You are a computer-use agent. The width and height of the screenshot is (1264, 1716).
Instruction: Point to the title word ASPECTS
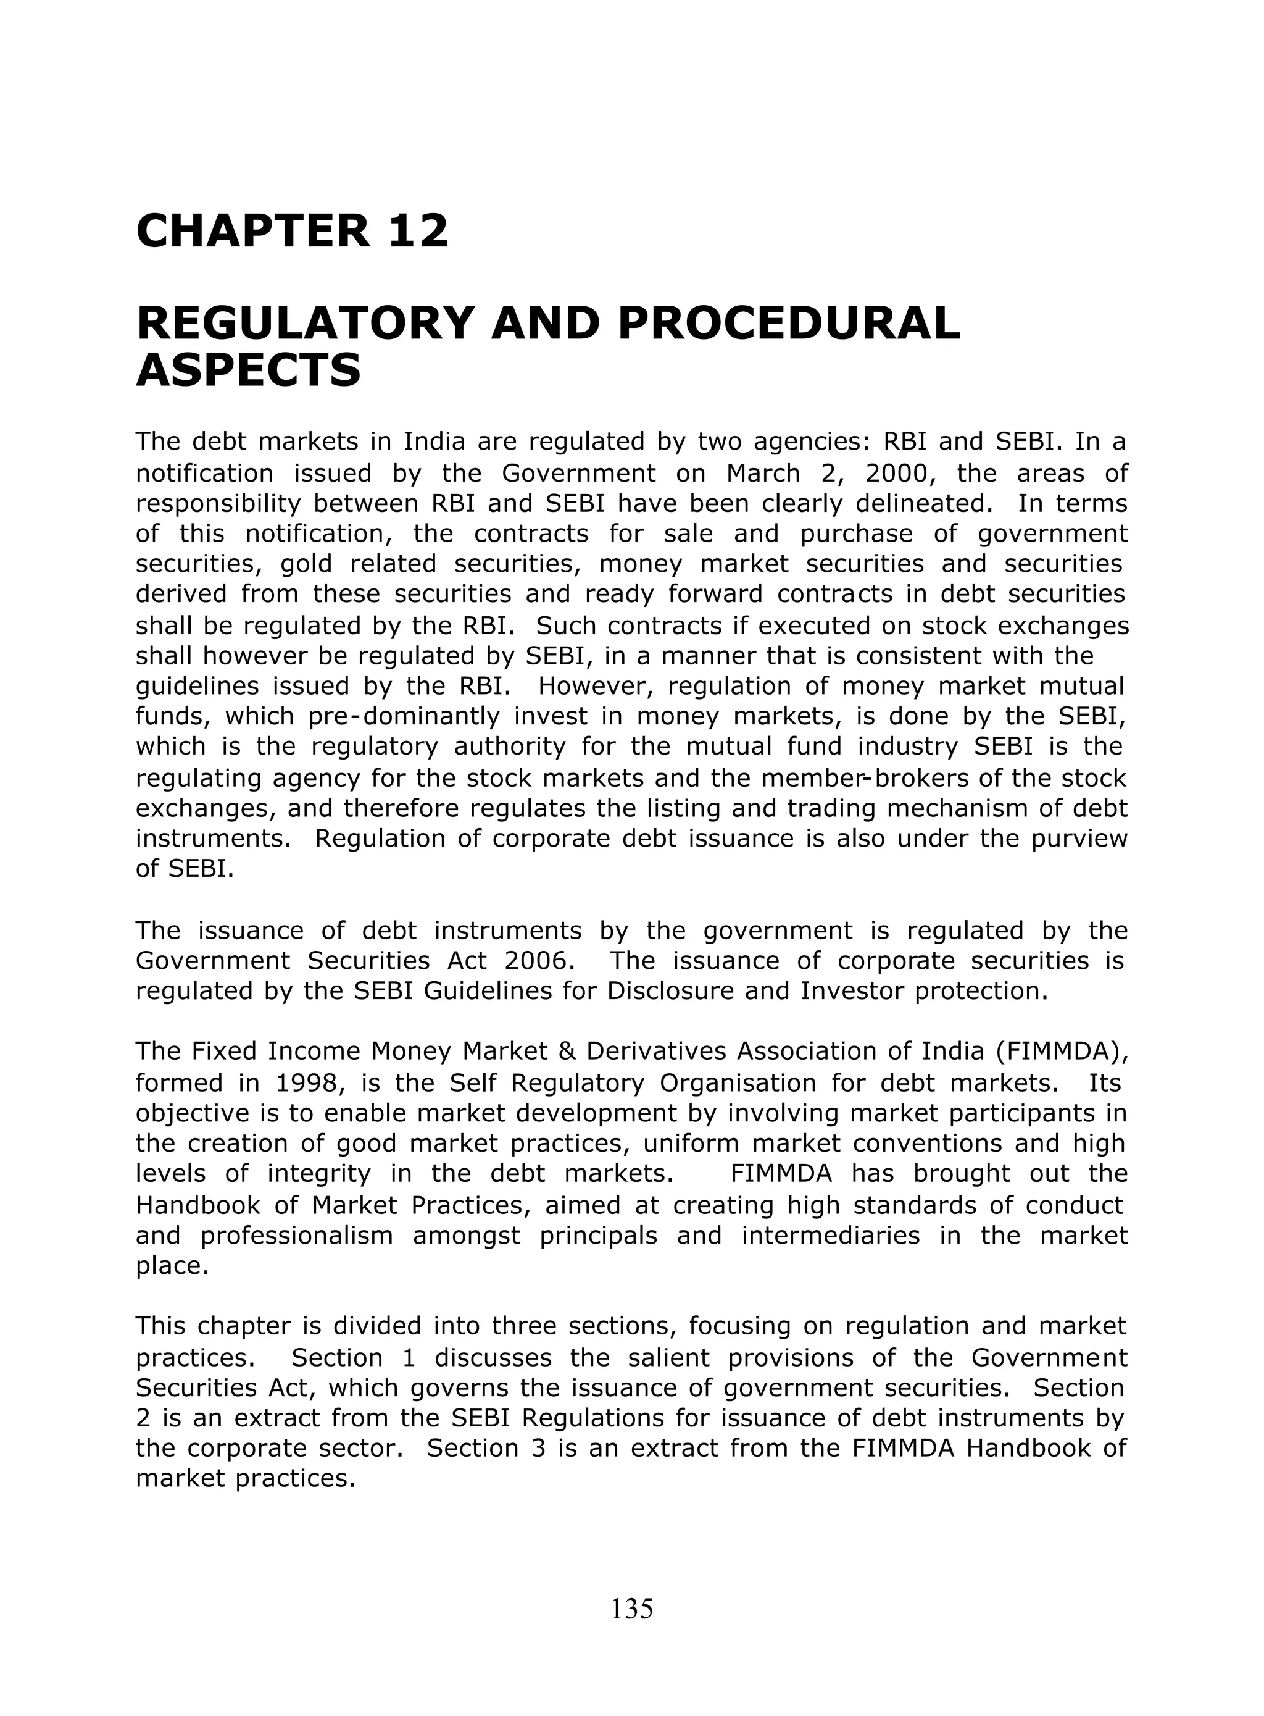tap(248, 370)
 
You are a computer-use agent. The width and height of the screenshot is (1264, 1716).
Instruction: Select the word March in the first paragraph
tap(762, 474)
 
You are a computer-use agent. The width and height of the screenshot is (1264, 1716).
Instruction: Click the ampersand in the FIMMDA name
tap(567, 1052)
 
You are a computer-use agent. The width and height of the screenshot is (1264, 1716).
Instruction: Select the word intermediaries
tap(831, 1236)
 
